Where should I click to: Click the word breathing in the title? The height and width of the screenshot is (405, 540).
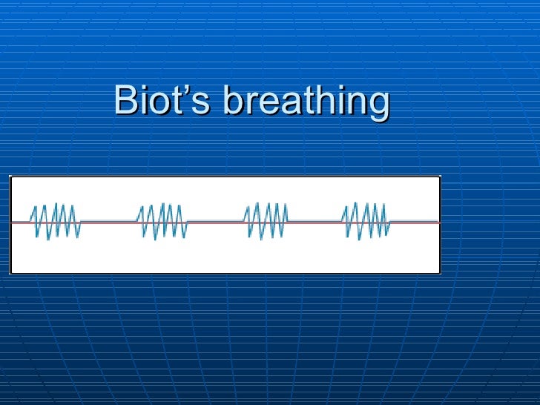[x=306, y=102]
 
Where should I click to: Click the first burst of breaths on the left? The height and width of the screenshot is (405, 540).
[x=56, y=221]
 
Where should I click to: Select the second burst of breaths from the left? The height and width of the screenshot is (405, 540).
[x=162, y=221]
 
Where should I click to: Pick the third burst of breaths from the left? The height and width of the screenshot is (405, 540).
[x=266, y=221]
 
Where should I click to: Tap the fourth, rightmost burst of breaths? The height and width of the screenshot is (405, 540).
[x=365, y=221]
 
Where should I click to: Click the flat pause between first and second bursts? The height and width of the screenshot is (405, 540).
[x=108, y=222]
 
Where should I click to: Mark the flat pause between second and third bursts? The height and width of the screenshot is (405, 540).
[x=215, y=222]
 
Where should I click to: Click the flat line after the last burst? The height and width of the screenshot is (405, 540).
[x=415, y=222]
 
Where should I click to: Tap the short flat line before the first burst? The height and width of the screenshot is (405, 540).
[x=20, y=222]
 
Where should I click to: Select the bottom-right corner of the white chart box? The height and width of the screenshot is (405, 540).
[x=440, y=272]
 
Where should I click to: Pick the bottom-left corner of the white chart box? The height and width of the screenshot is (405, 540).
[x=10, y=272]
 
